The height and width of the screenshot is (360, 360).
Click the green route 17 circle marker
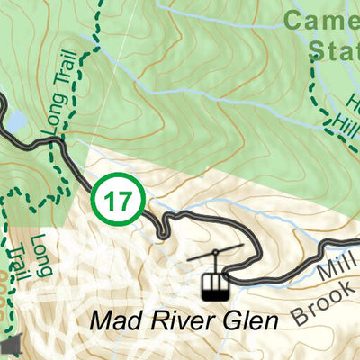point(118,201)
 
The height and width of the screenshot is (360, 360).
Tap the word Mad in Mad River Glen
point(115,321)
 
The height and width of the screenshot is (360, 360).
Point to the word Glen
point(245,321)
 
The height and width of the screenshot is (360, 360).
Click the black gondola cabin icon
point(214,285)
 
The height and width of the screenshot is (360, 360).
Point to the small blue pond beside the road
point(16,121)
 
